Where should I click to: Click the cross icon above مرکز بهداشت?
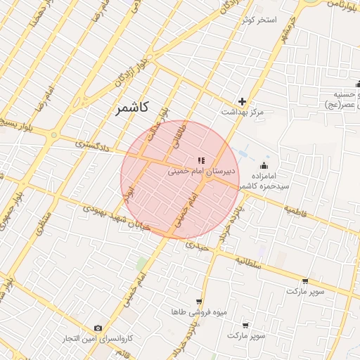click(243, 101)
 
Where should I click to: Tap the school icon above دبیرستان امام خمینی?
click(201, 160)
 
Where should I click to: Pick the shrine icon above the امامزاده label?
click(264, 165)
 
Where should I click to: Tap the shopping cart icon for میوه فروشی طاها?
click(200, 301)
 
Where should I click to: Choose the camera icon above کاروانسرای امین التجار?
click(98, 328)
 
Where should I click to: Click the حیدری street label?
click(198, 248)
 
